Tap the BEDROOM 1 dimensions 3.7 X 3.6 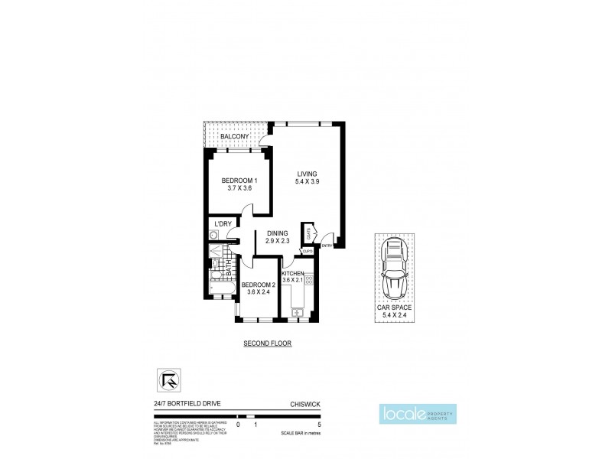tap(236, 187)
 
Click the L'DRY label tap(223, 223)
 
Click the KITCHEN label tap(293, 273)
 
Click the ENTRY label tap(327, 246)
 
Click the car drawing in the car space tap(395, 269)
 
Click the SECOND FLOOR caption tap(266, 343)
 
